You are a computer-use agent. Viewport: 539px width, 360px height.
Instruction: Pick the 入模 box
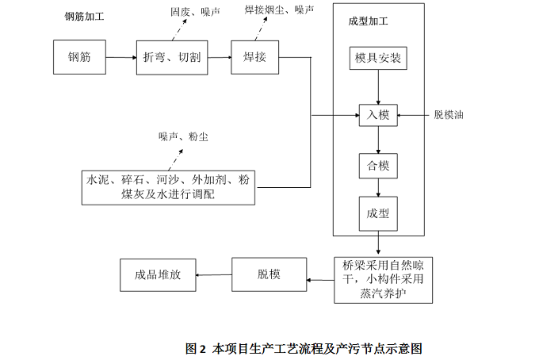[378, 116]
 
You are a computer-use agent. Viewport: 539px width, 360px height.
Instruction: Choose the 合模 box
[378, 166]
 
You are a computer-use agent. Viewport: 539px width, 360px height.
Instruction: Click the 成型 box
[378, 213]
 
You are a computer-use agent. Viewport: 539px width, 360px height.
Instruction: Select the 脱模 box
[269, 274]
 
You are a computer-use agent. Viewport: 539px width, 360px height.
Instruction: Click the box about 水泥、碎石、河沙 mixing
[168, 187]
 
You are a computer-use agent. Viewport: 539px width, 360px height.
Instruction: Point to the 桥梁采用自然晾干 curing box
[384, 278]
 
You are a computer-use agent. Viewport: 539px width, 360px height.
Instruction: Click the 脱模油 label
[449, 116]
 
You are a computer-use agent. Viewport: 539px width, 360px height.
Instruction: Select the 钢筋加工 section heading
[85, 16]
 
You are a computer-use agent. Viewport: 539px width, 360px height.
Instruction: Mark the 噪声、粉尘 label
[183, 137]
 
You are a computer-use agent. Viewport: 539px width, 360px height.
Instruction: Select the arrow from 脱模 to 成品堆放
[213, 275]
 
